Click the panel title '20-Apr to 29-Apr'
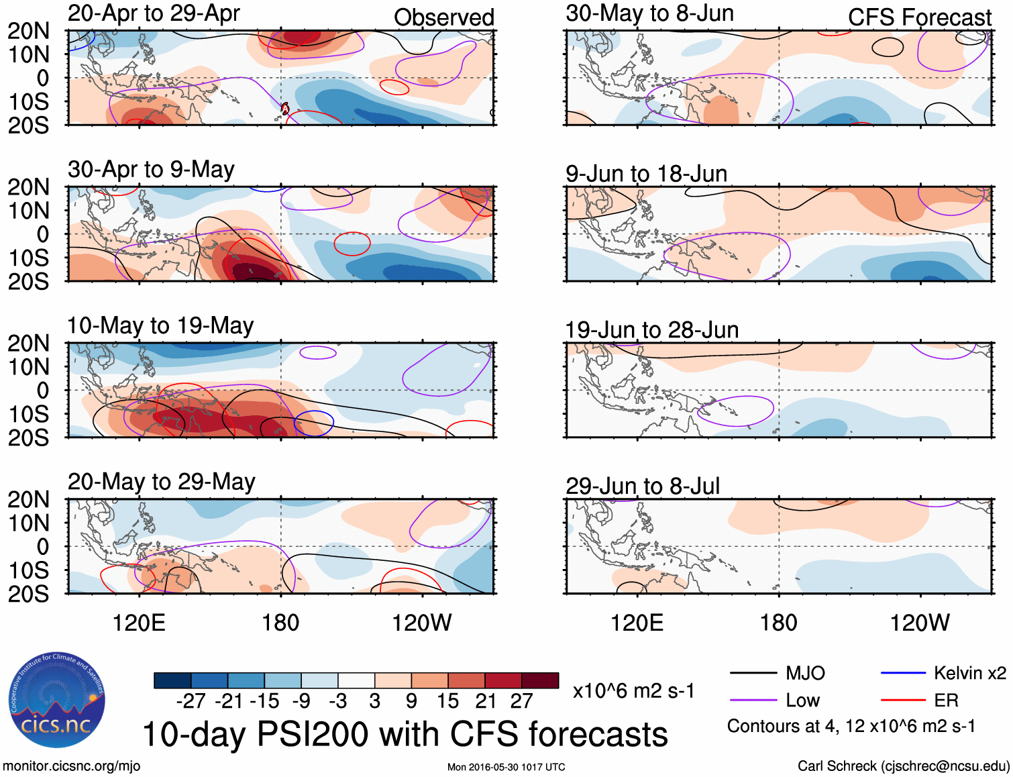click(154, 13)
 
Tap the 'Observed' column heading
click(443, 17)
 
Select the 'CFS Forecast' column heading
click(919, 17)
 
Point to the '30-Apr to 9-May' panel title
click(151, 170)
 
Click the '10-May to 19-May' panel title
click(160, 326)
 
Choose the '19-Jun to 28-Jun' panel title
click(651, 330)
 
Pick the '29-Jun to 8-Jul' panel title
click(643, 486)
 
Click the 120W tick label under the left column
click(421, 623)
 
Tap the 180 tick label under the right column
click(778, 623)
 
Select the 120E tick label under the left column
click(139, 623)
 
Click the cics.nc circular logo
click(56, 701)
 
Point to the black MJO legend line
click(753, 673)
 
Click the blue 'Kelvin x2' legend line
click(903, 673)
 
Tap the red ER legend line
click(903, 701)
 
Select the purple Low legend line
click(753, 701)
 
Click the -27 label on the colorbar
click(191, 701)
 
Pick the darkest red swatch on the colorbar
click(540, 680)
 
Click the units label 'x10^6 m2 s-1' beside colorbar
click(633, 691)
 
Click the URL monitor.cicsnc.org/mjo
click(71, 766)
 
